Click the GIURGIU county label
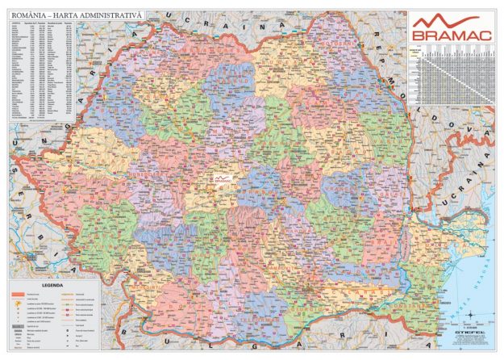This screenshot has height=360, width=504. (x=307, y=312)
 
